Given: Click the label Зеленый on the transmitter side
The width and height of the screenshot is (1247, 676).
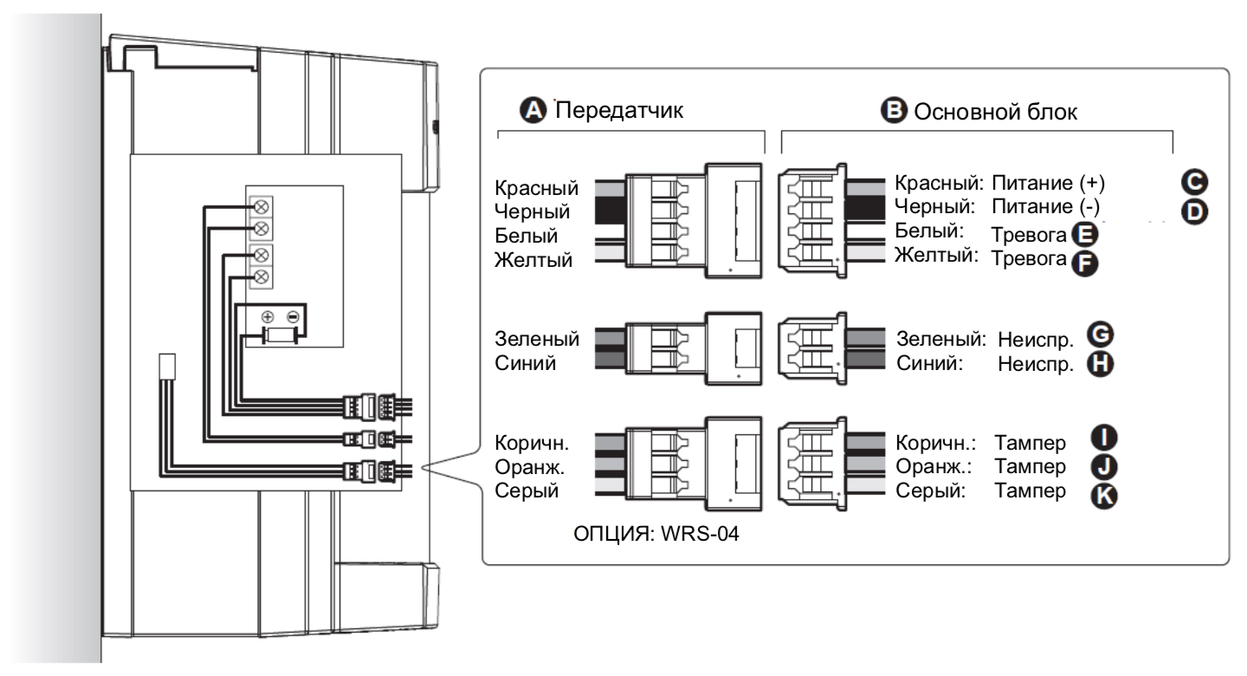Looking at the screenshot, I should tap(537, 339).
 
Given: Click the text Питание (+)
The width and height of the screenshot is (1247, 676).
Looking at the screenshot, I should tap(1049, 185).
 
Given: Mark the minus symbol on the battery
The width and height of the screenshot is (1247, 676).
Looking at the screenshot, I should tap(294, 316).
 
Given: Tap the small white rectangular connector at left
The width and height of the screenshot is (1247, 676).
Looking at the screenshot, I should tap(168, 365).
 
